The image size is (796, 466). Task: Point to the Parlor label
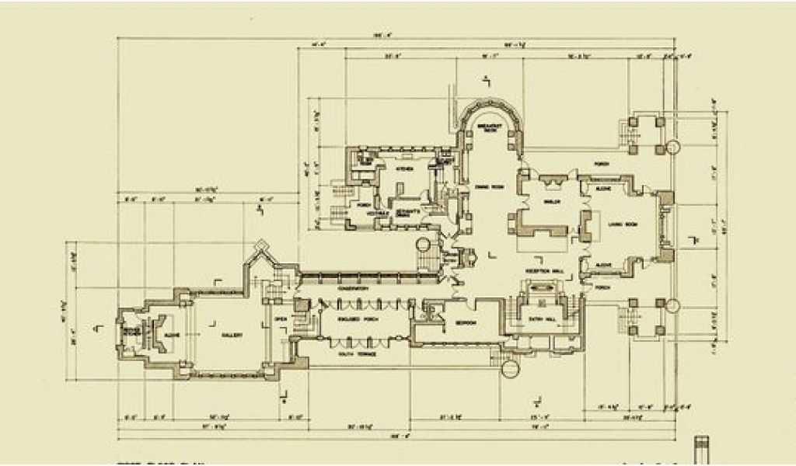tap(552, 201)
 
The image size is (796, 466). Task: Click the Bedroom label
tap(465, 323)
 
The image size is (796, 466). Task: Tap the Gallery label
tap(232, 335)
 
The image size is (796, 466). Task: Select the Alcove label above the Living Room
tap(604, 189)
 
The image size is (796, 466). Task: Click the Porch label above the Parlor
tap(600, 164)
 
